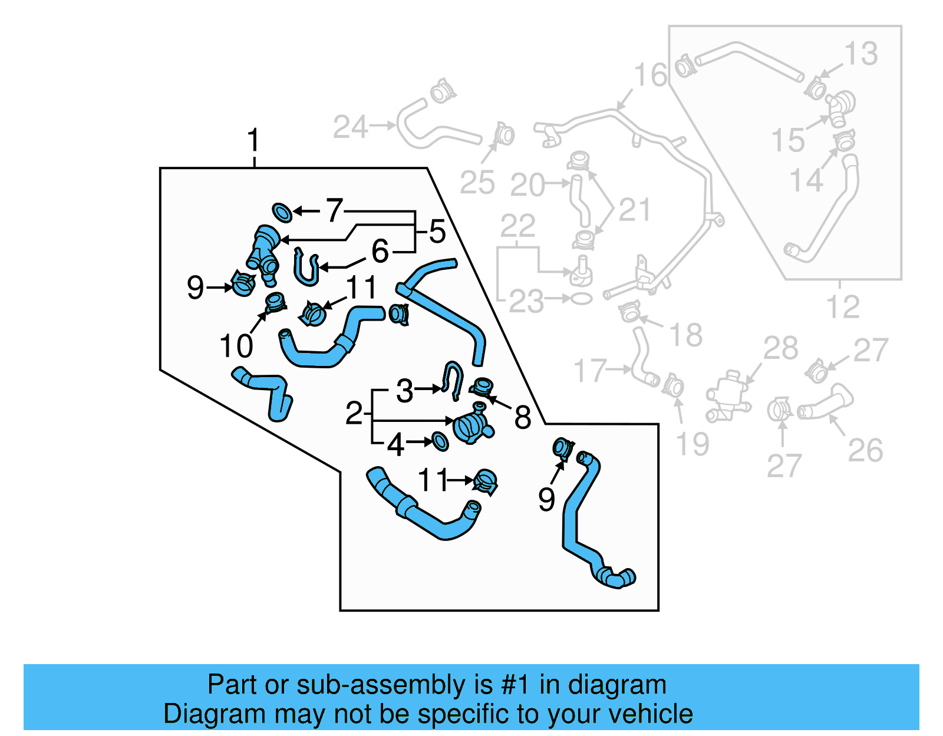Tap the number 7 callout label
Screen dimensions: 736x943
point(335,210)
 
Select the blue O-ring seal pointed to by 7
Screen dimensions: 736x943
point(282,213)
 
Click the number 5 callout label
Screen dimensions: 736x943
point(437,232)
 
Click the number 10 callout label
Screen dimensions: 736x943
point(236,346)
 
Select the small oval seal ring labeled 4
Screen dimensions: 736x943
point(440,441)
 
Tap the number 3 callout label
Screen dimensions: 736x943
point(404,391)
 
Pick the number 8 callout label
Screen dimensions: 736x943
point(522,418)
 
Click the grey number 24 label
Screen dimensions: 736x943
point(351,127)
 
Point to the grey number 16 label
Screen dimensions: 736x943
point(650,75)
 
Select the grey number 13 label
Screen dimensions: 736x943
point(861,54)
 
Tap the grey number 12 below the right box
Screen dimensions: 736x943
point(843,307)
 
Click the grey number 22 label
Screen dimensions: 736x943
point(517,226)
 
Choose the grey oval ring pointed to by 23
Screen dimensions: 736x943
point(581,299)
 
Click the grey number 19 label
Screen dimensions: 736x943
point(692,444)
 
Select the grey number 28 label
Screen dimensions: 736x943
point(780,348)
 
